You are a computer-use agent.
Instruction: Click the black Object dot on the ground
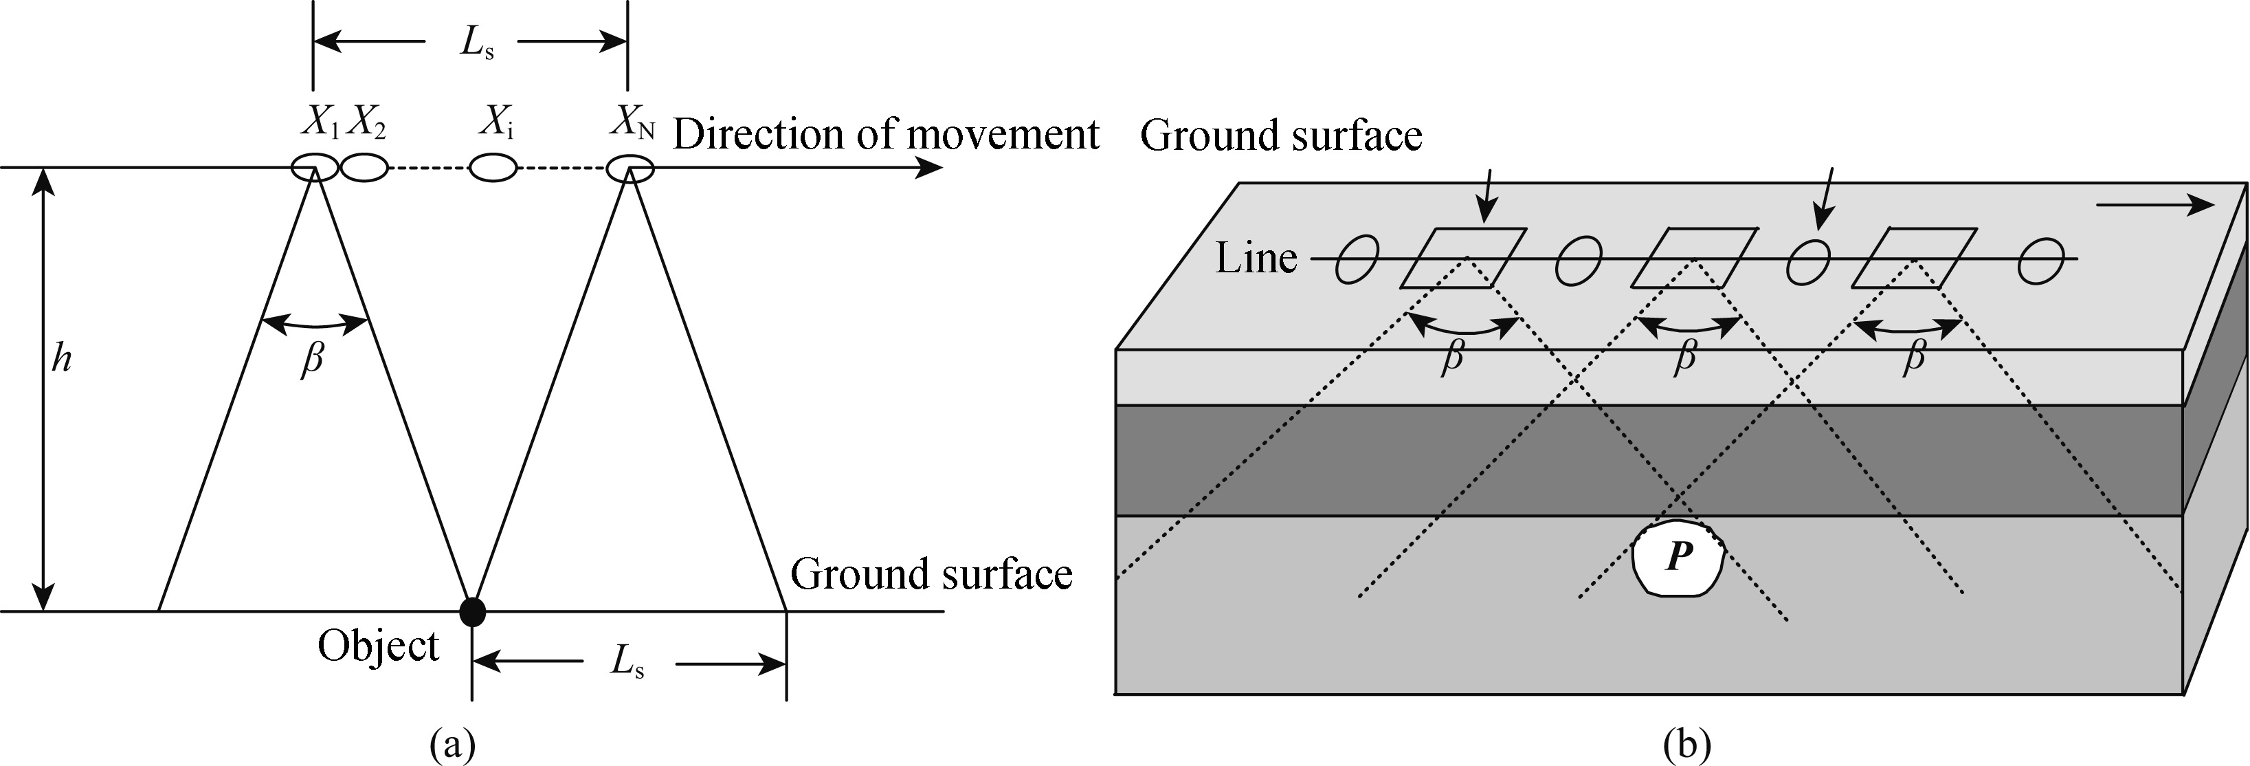point(473,611)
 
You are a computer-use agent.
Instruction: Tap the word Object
point(378,647)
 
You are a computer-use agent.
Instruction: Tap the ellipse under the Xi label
point(493,168)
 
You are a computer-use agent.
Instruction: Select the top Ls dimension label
point(477,46)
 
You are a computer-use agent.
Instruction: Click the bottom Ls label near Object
point(628,663)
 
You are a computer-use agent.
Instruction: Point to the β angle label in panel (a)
point(312,359)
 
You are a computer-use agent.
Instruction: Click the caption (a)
point(454,745)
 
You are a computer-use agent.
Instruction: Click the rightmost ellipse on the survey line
point(2041,259)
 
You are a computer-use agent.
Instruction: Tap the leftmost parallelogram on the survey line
point(1463,258)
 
